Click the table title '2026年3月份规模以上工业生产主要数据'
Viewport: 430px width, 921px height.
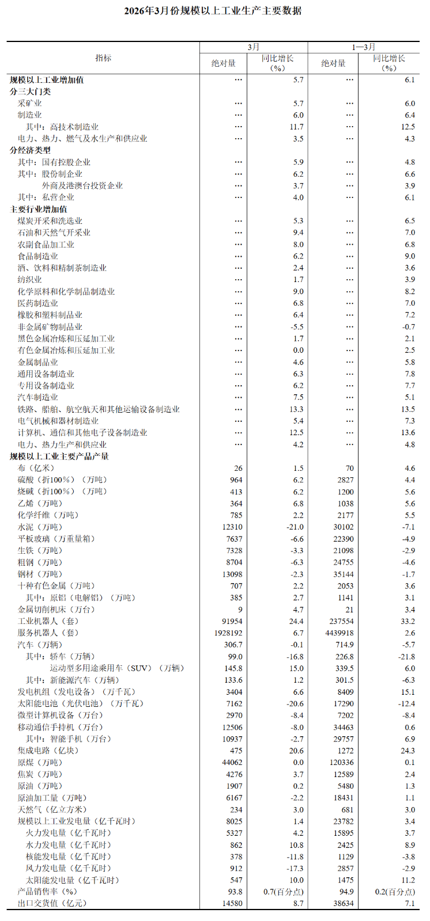pos(213,11)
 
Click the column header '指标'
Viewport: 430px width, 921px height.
pos(103,58)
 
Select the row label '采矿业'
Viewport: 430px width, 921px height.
pos(29,104)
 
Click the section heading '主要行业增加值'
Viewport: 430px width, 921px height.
pos(38,210)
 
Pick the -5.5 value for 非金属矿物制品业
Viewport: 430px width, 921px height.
pos(296,327)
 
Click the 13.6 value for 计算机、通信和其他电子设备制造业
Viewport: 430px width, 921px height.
pos(408,433)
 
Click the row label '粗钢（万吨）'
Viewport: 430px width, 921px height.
pos(39,562)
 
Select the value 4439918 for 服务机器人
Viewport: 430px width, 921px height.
pos(339,633)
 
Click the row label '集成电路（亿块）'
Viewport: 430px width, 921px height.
pos(48,751)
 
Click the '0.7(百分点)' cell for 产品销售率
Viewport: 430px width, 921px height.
pos(283,892)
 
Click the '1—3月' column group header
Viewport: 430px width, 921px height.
pos(363,47)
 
